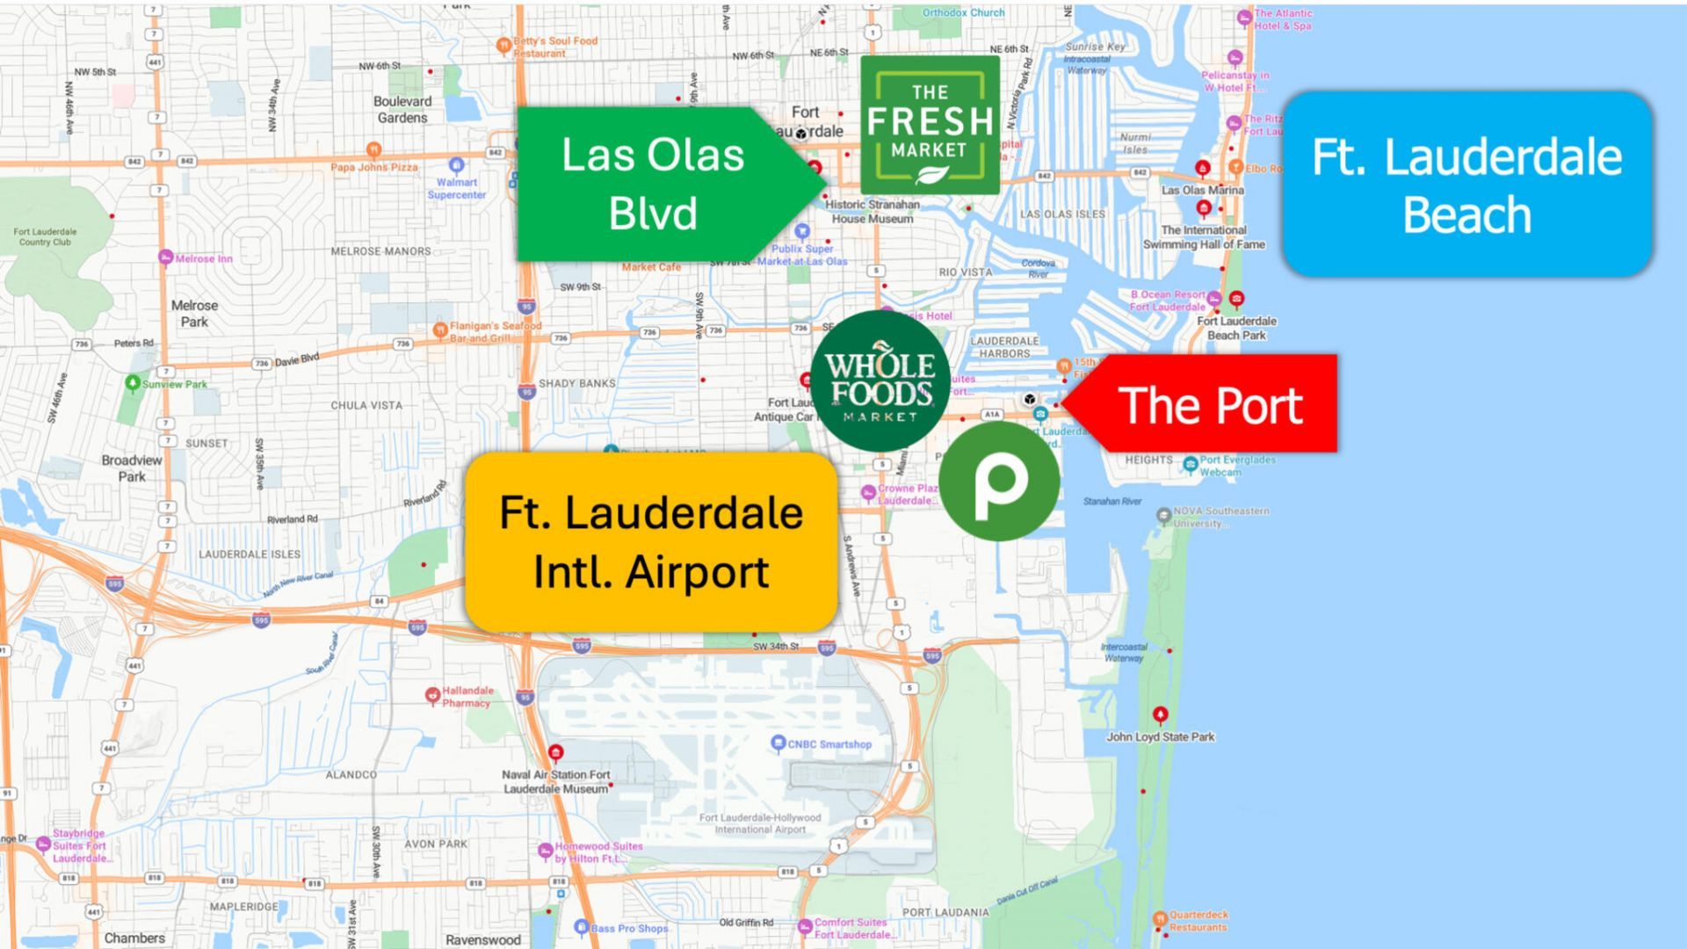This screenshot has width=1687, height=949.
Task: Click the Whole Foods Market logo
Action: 880,381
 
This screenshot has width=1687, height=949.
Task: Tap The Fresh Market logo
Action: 930,125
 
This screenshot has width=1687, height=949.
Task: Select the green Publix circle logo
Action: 999,481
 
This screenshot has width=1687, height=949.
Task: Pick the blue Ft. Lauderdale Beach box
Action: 1466,184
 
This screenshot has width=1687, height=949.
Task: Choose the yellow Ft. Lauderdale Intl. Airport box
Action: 651,541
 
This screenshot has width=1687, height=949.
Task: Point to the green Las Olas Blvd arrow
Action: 655,184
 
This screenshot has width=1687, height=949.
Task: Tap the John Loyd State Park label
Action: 1160,737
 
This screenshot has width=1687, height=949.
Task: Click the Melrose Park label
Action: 194,314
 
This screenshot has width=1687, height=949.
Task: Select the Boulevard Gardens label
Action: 402,109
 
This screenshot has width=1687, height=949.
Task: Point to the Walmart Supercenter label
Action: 456,188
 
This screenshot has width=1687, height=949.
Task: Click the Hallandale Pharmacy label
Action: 467,697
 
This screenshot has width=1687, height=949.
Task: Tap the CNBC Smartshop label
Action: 829,744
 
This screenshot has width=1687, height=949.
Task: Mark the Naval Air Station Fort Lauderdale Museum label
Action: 555,782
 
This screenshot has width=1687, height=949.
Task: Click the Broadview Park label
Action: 132,468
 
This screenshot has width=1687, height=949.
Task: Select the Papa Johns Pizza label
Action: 374,167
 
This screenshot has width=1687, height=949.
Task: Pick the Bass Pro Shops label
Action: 629,928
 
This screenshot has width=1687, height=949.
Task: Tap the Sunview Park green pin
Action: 133,383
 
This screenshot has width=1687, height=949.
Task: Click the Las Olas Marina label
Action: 1202,190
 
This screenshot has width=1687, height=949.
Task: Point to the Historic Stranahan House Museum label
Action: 872,212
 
